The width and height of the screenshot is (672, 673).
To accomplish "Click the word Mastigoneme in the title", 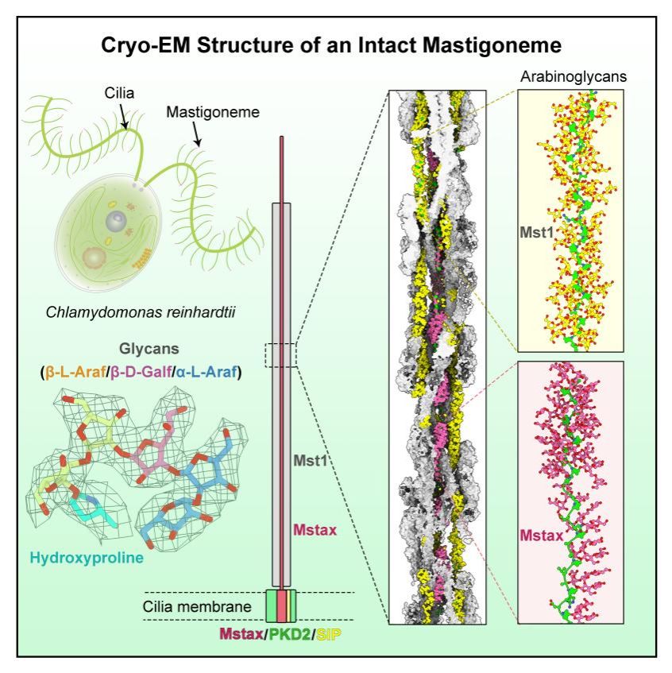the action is (492, 45).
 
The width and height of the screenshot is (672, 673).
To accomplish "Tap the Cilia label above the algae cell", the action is (119, 93).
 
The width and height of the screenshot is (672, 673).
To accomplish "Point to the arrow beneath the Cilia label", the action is (123, 115).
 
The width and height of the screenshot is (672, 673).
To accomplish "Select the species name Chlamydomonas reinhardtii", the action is (141, 312).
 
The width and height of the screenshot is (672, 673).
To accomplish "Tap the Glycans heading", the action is (149, 349).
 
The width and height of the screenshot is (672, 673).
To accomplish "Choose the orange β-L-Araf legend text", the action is (75, 372).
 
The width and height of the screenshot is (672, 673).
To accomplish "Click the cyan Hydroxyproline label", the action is (87, 558).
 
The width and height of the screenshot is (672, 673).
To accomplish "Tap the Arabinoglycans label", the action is (574, 76).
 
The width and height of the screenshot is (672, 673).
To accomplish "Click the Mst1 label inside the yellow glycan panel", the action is (537, 232).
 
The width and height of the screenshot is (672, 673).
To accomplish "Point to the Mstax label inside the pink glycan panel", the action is (541, 536).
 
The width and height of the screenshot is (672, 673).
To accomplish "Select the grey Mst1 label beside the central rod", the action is (311, 461).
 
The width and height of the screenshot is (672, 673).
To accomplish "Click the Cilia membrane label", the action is (197, 606).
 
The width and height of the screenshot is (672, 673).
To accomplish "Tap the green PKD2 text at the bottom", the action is (289, 633).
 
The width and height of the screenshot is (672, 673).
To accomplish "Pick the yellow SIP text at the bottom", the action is (329, 633).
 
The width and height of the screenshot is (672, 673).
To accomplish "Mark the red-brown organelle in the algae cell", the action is (94, 258).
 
